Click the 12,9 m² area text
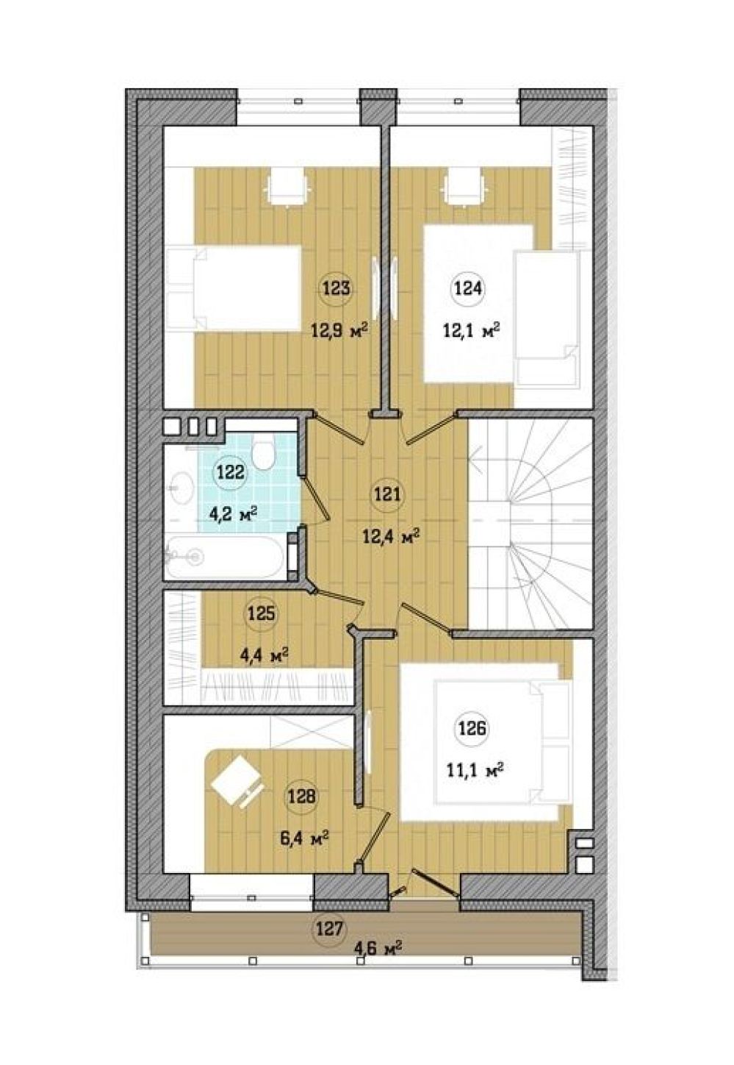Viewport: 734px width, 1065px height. pos(340,329)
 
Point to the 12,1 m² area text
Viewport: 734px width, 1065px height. pos(472,329)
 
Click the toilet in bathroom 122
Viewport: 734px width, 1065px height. pos(263,451)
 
